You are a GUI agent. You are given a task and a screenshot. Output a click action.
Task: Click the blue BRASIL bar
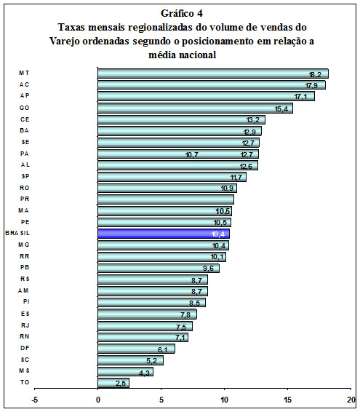(164, 234)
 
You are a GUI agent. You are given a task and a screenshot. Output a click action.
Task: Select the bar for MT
(213, 74)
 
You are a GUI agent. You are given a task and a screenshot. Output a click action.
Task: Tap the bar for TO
(113, 383)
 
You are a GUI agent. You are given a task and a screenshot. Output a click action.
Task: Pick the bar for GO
(195, 108)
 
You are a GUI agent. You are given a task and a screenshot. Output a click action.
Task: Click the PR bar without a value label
(166, 199)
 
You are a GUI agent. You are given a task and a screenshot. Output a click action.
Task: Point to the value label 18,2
(315, 75)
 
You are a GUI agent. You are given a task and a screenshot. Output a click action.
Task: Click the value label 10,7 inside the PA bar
(192, 155)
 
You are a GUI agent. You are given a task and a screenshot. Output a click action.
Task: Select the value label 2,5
(121, 384)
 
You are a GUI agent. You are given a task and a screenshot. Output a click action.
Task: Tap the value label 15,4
(281, 109)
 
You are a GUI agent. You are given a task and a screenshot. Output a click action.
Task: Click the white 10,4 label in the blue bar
(218, 234)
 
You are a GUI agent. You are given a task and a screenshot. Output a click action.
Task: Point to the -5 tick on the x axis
(34, 400)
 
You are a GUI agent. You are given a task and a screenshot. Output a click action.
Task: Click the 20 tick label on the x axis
(351, 400)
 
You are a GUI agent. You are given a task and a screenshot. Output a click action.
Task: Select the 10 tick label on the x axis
(225, 400)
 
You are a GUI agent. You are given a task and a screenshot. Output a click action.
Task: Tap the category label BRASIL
(17, 233)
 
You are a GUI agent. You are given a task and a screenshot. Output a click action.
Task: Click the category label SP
(25, 176)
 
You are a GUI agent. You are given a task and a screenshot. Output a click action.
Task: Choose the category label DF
(25, 348)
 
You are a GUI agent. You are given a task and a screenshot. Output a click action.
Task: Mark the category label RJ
(25, 325)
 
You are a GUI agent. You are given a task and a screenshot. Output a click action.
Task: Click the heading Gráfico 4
(182, 13)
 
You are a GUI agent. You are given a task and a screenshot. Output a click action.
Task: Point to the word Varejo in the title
(65, 41)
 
